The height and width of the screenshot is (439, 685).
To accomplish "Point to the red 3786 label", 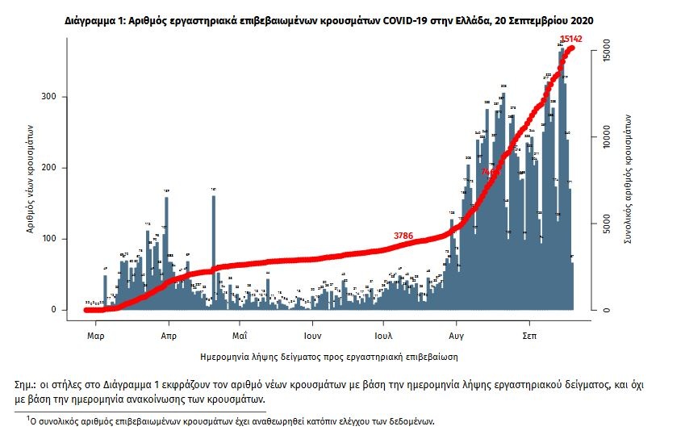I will (x=403, y=236).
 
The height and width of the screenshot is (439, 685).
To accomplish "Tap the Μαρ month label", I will (x=96, y=333).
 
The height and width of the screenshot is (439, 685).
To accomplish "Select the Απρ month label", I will (x=169, y=333).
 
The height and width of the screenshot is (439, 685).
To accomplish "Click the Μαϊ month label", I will (x=239, y=333).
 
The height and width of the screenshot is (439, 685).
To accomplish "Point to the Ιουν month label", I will (x=313, y=333).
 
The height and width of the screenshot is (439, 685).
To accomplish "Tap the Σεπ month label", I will (x=530, y=333).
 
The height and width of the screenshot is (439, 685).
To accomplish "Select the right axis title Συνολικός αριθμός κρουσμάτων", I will (x=627, y=178).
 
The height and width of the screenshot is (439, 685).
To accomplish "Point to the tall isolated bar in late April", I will (x=214, y=250).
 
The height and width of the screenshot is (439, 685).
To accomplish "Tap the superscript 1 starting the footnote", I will (x=28, y=418).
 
